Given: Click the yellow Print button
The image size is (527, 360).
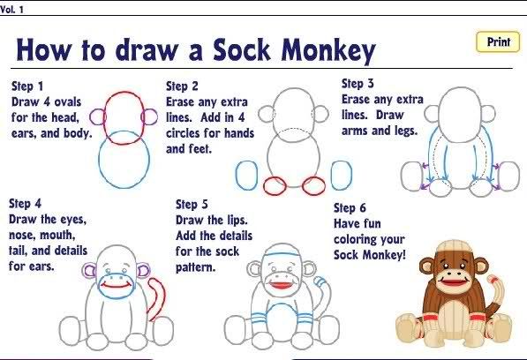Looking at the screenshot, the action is (498, 41).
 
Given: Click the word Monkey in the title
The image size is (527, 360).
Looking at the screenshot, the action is (328, 50).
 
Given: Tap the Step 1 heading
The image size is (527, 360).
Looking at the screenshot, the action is (27, 86).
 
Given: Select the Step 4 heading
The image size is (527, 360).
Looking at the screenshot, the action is (26, 203).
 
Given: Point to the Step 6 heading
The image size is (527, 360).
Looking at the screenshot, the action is (350, 208).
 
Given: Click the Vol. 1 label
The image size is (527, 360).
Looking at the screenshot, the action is (11, 10).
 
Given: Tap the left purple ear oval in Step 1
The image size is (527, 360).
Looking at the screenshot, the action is (90, 116).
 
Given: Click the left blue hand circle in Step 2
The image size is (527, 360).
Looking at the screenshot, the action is (237, 175).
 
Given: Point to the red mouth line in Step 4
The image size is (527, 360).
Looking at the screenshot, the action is (117, 287).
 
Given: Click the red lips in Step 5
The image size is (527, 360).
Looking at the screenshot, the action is (280, 286).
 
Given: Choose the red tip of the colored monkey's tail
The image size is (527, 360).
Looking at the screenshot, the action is (493, 279).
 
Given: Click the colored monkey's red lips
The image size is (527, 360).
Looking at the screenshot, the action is (454, 281).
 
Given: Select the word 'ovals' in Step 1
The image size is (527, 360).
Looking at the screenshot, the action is (68, 101).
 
